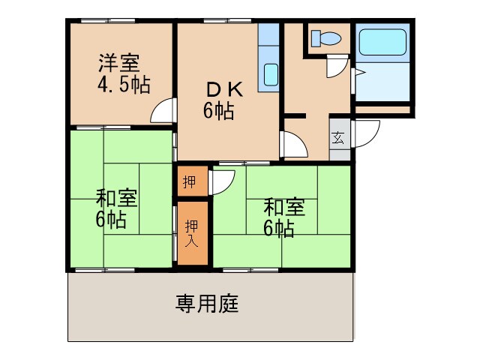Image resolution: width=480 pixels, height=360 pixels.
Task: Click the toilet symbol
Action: coord(325,37)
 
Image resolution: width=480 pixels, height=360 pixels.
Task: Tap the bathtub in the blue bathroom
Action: coord(382,43)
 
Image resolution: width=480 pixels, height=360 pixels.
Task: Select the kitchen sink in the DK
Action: coord(270,75)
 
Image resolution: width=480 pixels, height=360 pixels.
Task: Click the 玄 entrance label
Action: coord(339,138)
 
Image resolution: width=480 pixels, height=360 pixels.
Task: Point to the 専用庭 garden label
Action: coord(207,304)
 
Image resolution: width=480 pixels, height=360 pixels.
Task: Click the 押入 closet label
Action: coord(192,232)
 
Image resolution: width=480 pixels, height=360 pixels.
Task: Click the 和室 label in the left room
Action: coord(115,199)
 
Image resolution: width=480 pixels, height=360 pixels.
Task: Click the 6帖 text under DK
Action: coord(217,111)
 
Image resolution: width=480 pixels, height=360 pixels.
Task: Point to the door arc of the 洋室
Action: coord(163,113)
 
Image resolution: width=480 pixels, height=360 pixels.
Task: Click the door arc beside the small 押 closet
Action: coord(223,182)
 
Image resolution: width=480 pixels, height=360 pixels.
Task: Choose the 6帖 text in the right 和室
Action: coord(278,228)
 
